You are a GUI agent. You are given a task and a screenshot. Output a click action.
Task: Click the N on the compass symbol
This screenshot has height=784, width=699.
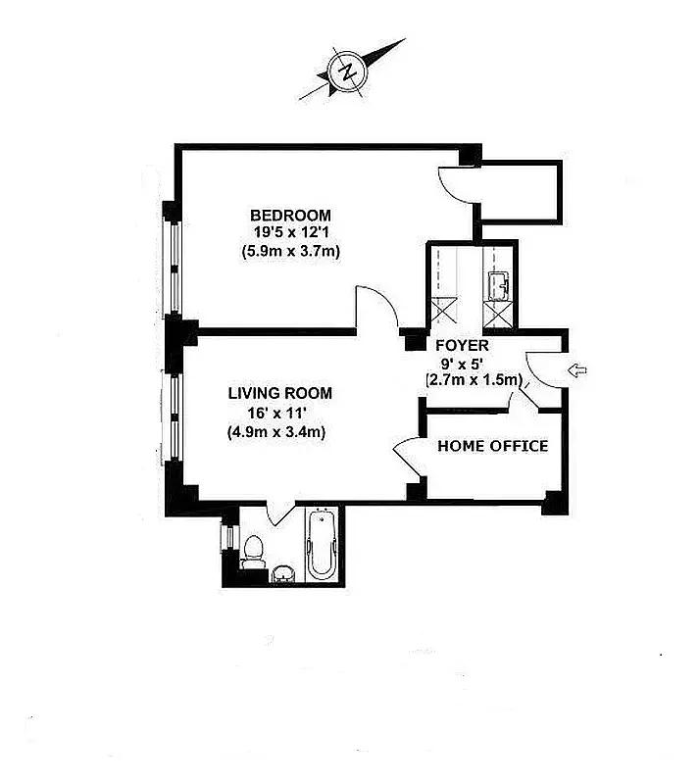(x=346, y=71)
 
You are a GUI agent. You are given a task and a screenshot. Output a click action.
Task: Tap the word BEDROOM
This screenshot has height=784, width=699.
(x=290, y=216)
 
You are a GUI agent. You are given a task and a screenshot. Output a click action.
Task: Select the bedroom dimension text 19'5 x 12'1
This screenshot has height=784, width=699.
(x=290, y=232)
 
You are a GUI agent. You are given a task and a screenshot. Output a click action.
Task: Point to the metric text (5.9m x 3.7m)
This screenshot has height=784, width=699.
(x=290, y=250)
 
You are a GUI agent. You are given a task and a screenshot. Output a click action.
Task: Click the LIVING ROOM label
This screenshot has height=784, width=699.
(x=279, y=393)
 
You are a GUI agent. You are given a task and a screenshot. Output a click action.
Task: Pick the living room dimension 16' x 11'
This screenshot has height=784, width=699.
(x=279, y=412)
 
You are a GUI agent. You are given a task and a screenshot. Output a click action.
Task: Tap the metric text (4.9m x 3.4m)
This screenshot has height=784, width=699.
(x=279, y=430)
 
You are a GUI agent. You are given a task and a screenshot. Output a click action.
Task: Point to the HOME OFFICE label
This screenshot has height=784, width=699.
(x=492, y=446)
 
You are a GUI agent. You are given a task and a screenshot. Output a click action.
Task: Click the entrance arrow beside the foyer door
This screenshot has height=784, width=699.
(x=577, y=369)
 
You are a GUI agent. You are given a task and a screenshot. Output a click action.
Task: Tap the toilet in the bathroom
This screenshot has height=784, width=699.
(x=252, y=554)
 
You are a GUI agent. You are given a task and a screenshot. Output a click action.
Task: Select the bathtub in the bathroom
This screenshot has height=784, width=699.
(x=321, y=548)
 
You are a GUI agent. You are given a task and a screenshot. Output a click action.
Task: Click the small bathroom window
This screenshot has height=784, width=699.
(x=226, y=540)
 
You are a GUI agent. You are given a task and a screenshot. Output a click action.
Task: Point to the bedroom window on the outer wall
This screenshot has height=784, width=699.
(x=174, y=258)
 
